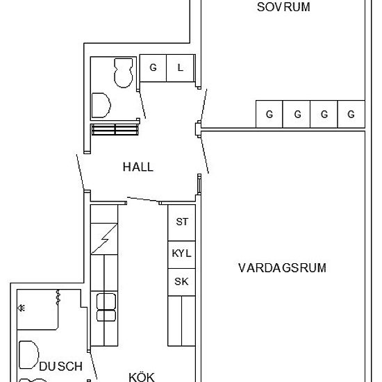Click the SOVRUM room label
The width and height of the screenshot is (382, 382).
(283, 8)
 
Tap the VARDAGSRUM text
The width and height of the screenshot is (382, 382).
(282, 267)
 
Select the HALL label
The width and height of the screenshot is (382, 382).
(138, 167)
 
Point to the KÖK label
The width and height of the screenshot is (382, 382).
(141, 376)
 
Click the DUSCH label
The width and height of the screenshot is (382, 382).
(60, 366)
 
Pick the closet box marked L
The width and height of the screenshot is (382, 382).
(181, 67)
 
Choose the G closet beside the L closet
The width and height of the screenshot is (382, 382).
(153, 67)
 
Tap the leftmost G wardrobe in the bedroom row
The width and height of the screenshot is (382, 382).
(269, 115)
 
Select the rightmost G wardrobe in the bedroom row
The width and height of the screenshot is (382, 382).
(351, 115)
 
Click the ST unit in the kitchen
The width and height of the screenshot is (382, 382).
(182, 222)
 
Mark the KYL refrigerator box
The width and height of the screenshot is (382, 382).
(181, 254)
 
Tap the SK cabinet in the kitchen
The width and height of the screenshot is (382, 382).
(181, 281)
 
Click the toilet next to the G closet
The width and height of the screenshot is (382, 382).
(124, 72)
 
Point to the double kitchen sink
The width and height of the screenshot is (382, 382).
(106, 306)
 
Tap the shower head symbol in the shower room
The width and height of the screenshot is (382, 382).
(22, 308)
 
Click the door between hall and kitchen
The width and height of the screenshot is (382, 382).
(142, 201)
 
